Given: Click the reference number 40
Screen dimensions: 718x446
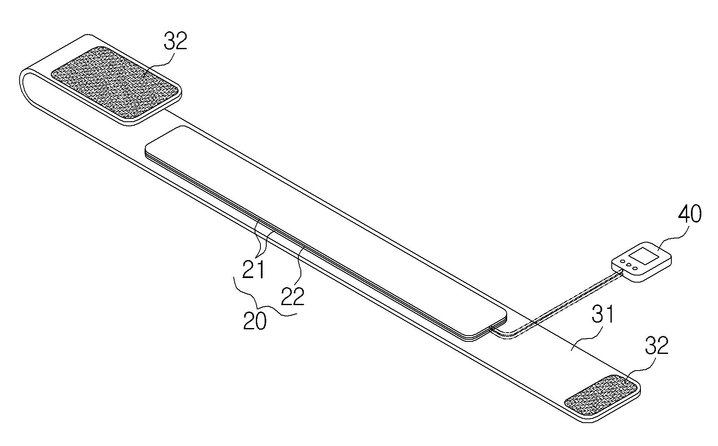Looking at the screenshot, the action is [x=690, y=214].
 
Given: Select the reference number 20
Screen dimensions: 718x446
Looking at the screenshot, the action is [x=255, y=322].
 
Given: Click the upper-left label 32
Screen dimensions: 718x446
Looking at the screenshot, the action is [x=175, y=42].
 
